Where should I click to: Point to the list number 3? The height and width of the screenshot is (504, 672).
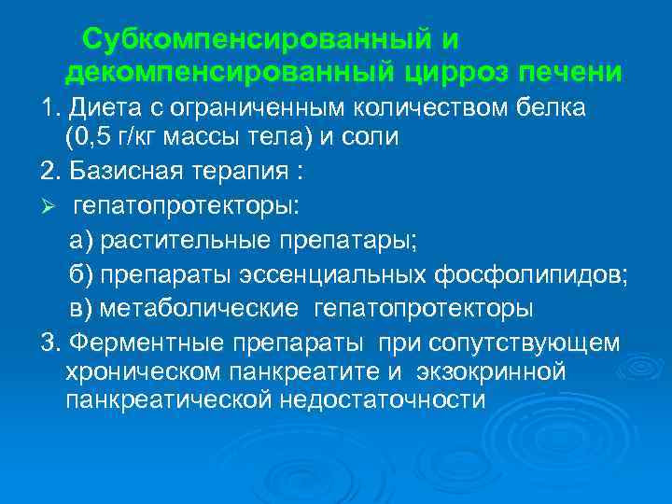coord(49,343)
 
